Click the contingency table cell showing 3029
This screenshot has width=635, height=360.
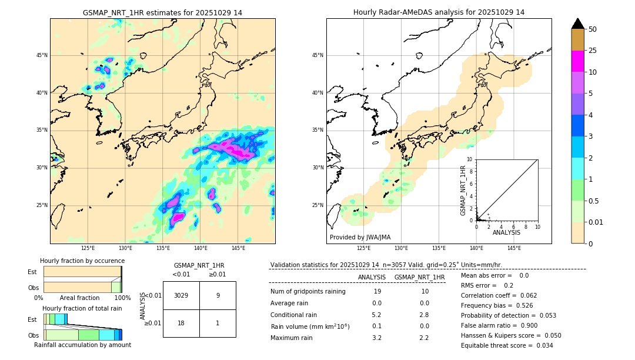(x=181, y=295)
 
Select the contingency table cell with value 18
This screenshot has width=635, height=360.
(x=181, y=323)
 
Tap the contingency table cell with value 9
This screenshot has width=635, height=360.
(x=218, y=295)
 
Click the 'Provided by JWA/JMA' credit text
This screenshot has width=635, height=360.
(x=360, y=238)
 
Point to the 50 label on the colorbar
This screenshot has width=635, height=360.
(x=593, y=29)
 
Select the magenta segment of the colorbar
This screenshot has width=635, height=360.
(x=577, y=61)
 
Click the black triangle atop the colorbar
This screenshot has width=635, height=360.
(x=577, y=24)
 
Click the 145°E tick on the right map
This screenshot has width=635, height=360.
(x=514, y=248)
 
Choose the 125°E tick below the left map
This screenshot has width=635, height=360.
(x=88, y=248)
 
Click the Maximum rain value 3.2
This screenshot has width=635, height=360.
(x=377, y=338)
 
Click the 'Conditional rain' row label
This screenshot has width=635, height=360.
(x=294, y=315)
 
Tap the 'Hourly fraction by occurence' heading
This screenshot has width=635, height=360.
(x=82, y=261)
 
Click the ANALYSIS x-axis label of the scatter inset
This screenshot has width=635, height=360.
(x=506, y=232)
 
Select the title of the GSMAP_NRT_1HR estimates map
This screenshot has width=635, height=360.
(x=162, y=12)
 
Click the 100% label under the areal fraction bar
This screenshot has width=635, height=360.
(x=122, y=298)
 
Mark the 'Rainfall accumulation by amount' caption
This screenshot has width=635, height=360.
(x=82, y=345)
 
